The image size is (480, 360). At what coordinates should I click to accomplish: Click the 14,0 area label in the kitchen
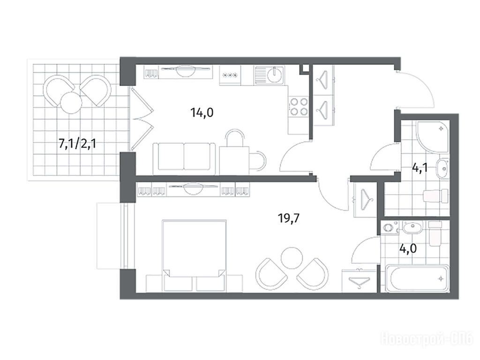coord(202,113)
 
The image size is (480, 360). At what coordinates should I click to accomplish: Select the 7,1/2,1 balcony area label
coord(77,143)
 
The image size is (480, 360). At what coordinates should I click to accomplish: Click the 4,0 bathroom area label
coord(408,248)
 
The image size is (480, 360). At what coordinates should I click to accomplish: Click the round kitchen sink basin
coord(275,75)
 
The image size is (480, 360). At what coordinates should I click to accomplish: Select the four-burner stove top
coord(299,106)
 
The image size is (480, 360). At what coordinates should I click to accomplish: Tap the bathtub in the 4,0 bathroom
coord(417,278)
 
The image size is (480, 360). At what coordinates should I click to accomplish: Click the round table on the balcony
coord(71,103)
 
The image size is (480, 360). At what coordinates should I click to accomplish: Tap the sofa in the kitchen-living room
coord(184,158)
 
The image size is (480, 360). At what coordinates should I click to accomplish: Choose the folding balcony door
coord(142,119)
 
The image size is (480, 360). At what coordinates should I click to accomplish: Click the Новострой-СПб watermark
coord(427,339)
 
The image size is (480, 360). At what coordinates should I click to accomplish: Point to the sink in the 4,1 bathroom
coord(442,168)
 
